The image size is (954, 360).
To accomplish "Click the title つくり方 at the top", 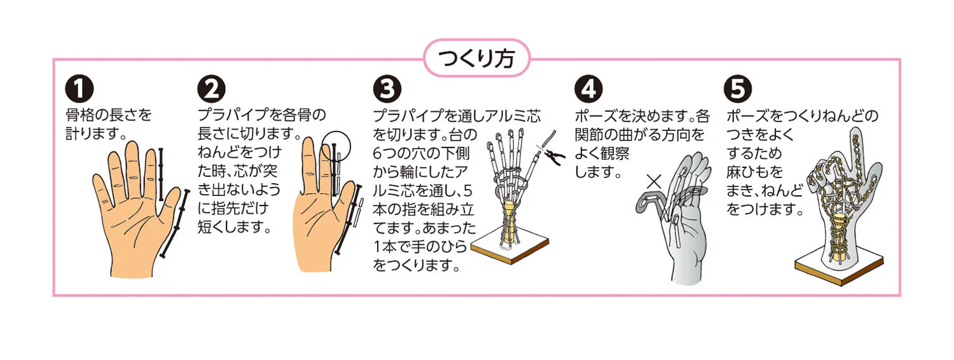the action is click(476, 59).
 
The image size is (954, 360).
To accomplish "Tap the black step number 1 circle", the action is click(79, 89).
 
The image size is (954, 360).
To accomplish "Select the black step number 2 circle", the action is click(211, 89).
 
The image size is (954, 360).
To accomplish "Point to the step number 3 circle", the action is click(387, 89).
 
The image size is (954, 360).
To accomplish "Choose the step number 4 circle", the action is click(588, 89).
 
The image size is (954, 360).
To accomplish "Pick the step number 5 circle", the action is click(738, 89).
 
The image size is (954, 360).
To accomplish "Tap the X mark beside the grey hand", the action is click(654, 182).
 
